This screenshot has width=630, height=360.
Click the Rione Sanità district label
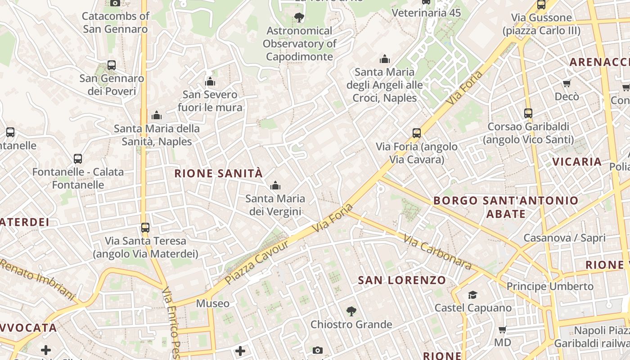tap(218, 174)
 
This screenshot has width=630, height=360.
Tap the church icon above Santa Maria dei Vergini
tap(275, 185)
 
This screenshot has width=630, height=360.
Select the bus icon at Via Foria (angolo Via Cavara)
tap(417, 133)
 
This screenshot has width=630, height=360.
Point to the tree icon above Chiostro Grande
tap(351, 311)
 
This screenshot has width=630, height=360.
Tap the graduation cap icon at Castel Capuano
tap(472, 295)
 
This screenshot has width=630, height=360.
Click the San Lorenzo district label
tap(402, 280)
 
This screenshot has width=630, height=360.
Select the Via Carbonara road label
tap(437, 252)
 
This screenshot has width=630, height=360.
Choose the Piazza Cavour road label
tap(256, 261)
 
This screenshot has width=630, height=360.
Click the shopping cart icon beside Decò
tap(567, 83)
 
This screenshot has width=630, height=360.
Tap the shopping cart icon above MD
tap(502, 330)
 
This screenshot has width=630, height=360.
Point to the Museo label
tap(213, 304)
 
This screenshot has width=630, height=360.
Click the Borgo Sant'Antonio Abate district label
tap(506, 207)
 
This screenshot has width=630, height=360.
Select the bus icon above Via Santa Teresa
tap(145, 228)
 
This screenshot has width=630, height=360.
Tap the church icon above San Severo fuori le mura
tap(210, 82)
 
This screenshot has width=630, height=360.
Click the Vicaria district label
tap(577, 162)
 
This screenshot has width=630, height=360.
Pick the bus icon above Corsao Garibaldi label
tap(528, 113)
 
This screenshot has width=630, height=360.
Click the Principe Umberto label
tap(550, 287)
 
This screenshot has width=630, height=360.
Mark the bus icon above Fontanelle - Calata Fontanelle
tap(78, 159)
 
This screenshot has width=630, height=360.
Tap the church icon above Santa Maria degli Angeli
tap(384, 59)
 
